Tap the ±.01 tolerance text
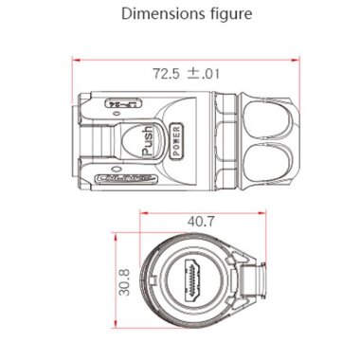[202, 71]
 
